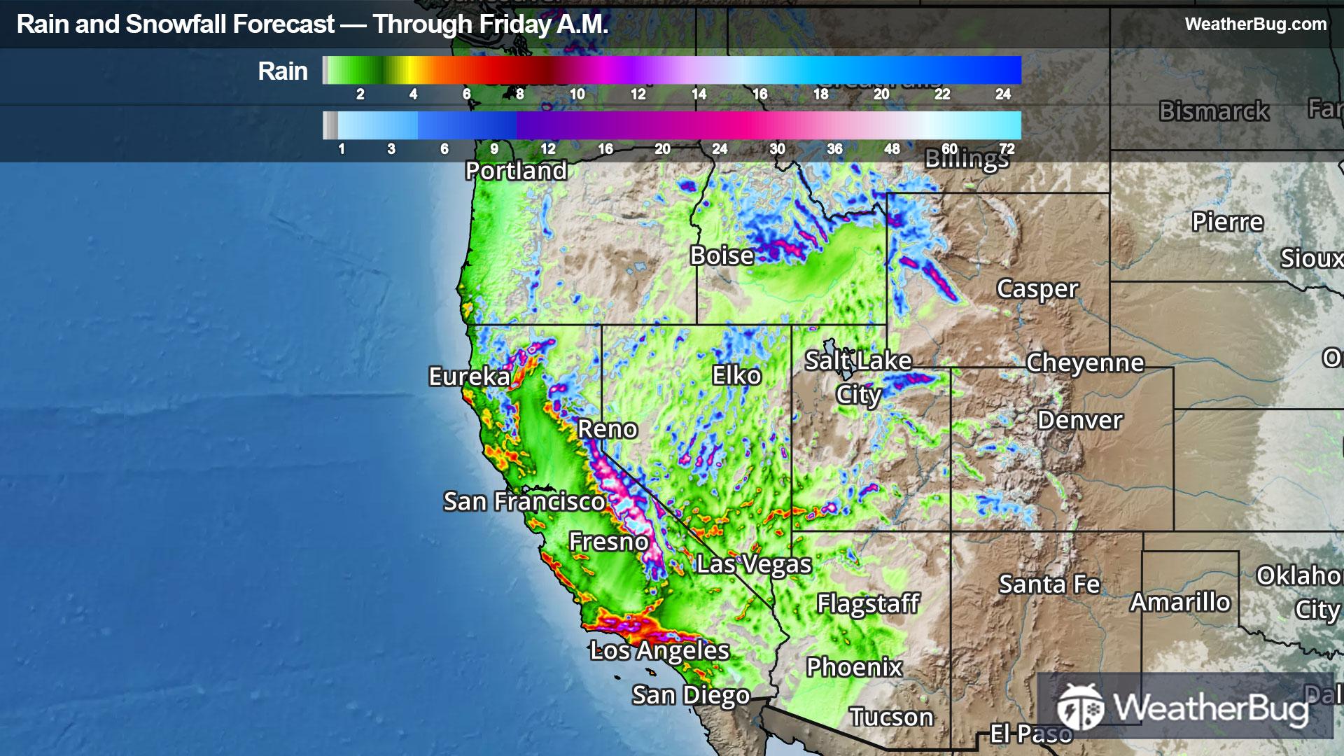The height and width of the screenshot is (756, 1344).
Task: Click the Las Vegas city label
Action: pos(754,563)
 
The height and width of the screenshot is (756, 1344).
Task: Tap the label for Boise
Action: pos(722,255)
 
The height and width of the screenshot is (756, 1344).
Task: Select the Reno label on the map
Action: pos(608,429)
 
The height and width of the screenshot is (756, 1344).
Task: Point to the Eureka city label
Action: pos(470,377)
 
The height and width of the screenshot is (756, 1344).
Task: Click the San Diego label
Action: pos(691,695)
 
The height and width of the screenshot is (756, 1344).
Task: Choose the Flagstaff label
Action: pos(868,603)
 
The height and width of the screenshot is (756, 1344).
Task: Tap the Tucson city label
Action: pos(892,717)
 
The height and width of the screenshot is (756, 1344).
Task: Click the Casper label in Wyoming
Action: pos(1037,288)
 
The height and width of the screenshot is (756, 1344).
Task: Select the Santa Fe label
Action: pos(1049,584)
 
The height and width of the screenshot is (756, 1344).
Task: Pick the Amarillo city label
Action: pos(1180,602)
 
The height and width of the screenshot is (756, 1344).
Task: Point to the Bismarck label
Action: pos(1214,111)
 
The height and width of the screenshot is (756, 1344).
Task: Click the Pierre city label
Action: pos(1228,222)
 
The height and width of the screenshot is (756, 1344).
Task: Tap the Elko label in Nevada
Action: pos(736,376)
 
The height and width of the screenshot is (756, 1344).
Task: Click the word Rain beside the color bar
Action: pos(283,71)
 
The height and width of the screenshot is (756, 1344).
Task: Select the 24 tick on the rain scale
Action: pos(1003,94)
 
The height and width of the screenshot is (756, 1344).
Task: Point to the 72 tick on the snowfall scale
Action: pos(1007,149)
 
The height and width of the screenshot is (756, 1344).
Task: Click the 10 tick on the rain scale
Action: pos(577,94)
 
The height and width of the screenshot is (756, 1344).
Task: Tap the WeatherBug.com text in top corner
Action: pos(1256,24)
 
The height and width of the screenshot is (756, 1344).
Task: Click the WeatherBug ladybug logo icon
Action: pos(1079,706)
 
